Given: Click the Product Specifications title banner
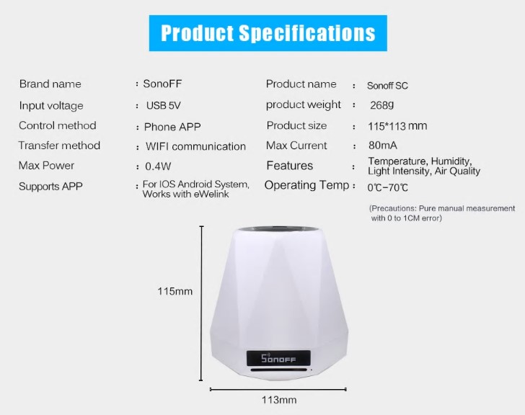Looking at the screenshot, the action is (x=268, y=33).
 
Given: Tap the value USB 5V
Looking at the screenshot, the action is (x=164, y=106).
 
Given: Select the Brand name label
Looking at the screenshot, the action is (x=50, y=84).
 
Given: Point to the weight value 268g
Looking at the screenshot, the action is (x=382, y=105).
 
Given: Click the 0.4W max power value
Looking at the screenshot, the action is (x=158, y=166).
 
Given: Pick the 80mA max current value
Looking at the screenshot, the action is (x=383, y=146).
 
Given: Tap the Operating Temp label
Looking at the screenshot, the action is (x=306, y=185).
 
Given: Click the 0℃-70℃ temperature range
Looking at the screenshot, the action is (x=388, y=187).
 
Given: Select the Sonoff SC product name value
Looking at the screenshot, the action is (x=387, y=86).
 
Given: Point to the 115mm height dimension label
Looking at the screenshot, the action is (x=175, y=291).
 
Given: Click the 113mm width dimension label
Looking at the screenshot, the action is (x=279, y=400).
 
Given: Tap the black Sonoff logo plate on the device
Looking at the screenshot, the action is (x=278, y=359).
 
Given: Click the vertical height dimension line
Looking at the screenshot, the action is (x=201, y=303).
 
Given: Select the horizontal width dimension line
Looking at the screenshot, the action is (x=278, y=389).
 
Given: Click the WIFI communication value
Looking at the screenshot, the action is (x=195, y=146).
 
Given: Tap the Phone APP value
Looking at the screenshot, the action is (x=172, y=127).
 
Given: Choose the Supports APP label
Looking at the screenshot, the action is (x=50, y=187).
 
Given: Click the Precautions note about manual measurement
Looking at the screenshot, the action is (x=442, y=213).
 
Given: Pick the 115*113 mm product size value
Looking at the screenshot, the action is (x=397, y=126).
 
